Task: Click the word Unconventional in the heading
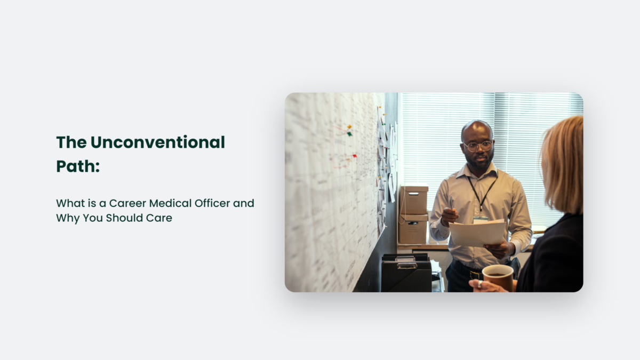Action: pos(157,142)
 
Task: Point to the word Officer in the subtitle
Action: pos(217,203)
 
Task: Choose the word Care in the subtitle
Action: pos(160,218)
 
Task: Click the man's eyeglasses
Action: pos(478,146)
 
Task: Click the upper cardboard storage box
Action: pos(414,200)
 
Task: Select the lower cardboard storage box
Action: pos(413,229)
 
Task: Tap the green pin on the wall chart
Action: pos(349,133)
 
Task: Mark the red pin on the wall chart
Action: pos(354,156)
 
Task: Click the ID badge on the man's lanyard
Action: pos(481,218)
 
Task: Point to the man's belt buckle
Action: pos(475,275)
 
